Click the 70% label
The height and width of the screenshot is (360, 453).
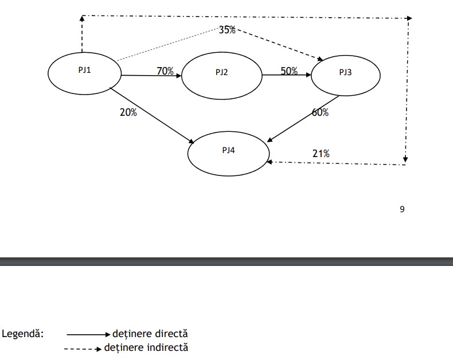[165, 71]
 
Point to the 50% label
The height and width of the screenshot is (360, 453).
[289, 71]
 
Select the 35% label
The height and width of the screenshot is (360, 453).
[227, 30]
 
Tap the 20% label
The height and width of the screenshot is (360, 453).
[128, 112]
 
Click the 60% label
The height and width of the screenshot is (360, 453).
[320, 112]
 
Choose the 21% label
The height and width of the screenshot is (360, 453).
[321, 153]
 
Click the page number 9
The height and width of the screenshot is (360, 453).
[402, 209]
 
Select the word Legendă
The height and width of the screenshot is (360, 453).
[23, 333]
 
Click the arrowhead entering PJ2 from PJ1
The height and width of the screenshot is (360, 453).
[178, 76]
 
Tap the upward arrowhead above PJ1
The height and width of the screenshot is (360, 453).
[82, 19]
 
